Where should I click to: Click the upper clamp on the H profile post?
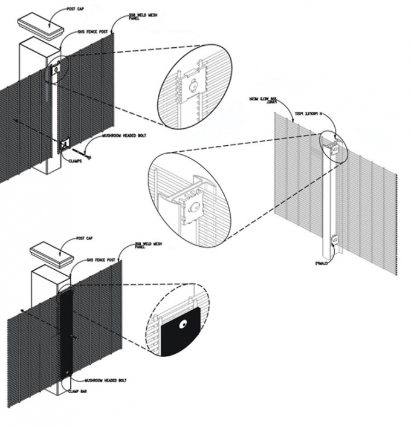coord(332,145)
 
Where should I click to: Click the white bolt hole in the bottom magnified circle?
coord(182,325)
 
